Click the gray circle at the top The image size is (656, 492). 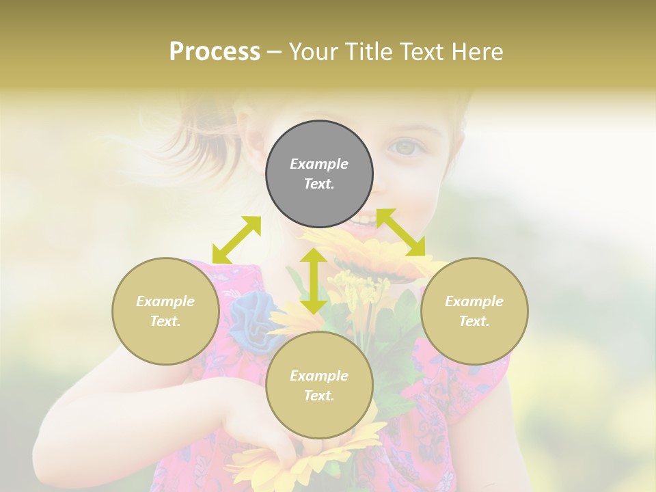coord(319,174)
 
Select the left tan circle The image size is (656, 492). coord(165,311)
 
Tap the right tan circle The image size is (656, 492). coord(474,311)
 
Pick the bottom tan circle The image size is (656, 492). coord(319,385)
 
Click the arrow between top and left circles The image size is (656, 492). coord(236,239)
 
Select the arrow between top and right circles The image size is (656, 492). coord(401,232)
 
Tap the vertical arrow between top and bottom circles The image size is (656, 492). coord(313,281)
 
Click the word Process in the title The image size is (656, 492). coord(215,51)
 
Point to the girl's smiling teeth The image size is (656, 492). coord(364,221)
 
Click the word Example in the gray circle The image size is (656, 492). coord(319,164)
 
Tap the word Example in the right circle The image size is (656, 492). coord(474,301)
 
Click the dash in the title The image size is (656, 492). coord(275,52)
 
